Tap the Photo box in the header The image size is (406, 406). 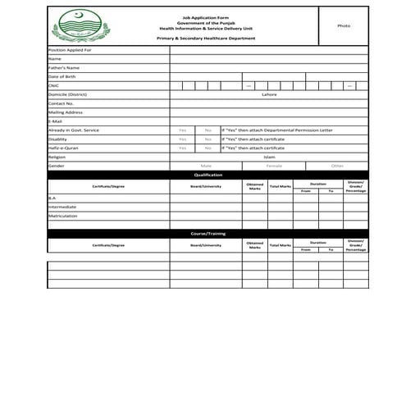(344, 26)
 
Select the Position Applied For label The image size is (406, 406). (70, 50)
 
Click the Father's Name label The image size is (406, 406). (63, 67)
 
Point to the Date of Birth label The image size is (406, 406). (62, 76)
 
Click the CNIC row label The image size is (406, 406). (55, 85)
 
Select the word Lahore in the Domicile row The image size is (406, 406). (269, 94)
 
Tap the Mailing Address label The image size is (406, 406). (65, 112)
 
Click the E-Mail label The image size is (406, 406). (56, 121)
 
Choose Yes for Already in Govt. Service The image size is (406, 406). (182, 130)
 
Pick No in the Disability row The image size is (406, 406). (208, 139)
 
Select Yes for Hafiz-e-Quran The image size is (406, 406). (182, 148)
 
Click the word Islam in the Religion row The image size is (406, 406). (269, 157)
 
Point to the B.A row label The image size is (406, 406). (52, 198)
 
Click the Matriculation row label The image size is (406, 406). (62, 216)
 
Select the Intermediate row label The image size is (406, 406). (62, 207)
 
